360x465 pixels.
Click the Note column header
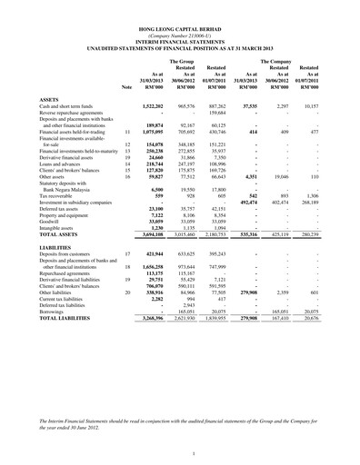(x=125, y=86)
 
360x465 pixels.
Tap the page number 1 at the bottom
(x=179, y=440)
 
